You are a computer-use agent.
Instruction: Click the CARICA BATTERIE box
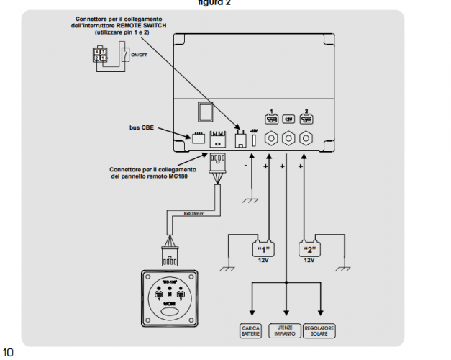250,331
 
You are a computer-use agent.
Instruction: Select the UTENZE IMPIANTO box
287,331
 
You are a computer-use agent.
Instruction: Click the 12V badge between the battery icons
288,118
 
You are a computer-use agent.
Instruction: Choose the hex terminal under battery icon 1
271,139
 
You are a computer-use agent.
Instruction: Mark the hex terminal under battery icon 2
307,139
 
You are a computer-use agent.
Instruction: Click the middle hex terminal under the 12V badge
288,139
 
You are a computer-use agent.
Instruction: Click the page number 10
9,353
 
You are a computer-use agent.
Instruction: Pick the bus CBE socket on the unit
199,140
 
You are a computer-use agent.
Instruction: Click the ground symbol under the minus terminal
251,201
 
